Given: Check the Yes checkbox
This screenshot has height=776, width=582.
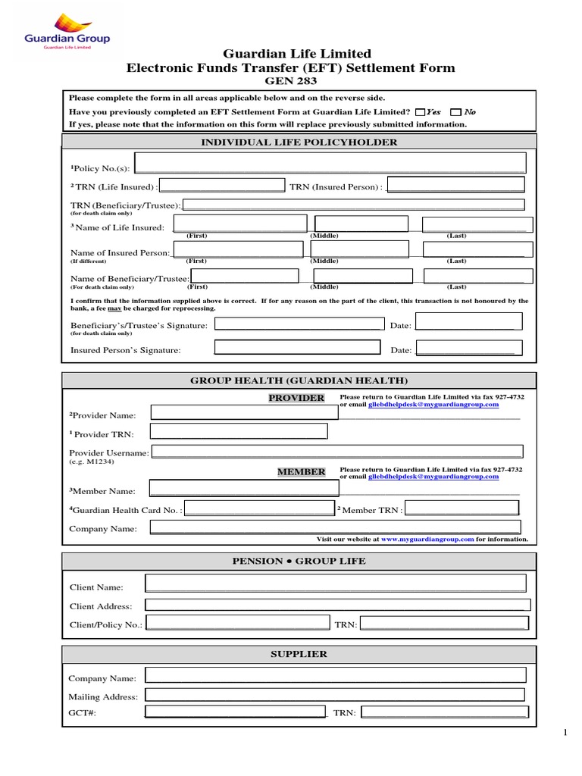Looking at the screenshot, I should (x=421, y=111).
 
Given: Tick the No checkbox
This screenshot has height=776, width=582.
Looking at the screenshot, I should (x=455, y=111).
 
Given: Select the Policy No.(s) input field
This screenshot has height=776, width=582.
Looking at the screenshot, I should (x=329, y=164).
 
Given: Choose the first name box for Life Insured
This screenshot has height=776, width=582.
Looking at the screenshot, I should (x=240, y=225).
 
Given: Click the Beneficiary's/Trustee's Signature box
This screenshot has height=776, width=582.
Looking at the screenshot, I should (x=298, y=324).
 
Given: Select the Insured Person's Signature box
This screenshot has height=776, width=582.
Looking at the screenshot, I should (x=298, y=348).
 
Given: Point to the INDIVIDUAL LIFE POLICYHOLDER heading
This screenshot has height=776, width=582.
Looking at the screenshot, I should (x=298, y=142).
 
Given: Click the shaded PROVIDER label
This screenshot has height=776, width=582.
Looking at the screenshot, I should (x=296, y=399).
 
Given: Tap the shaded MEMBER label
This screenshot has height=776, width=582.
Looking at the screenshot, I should (x=301, y=472).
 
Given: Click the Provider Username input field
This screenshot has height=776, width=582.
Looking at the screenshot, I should (x=336, y=452).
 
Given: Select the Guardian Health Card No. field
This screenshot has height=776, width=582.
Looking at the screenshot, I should (x=259, y=508).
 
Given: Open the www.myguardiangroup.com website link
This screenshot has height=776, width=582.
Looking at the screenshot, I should (x=427, y=540).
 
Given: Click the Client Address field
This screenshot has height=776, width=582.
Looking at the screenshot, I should (x=336, y=605).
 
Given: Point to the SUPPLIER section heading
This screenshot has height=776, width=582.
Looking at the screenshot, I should (x=299, y=653).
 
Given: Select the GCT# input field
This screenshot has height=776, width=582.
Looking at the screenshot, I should (x=235, y=712).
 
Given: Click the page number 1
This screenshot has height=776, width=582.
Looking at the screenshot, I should (x=565, y=733).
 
